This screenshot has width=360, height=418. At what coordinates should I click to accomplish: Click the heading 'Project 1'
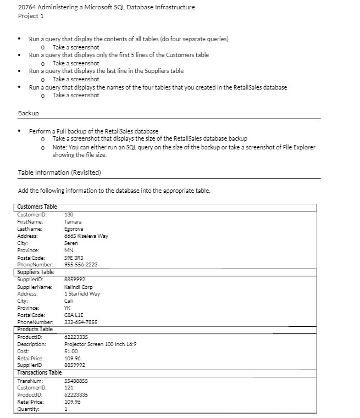click(31, 16)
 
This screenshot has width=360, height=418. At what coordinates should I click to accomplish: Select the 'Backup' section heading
click(28, 113)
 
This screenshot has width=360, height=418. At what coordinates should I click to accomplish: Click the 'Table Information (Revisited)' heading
click(59, 172)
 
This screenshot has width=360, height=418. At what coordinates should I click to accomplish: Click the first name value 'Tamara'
click(73, 221)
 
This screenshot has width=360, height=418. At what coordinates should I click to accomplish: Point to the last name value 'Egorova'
click(74, 228)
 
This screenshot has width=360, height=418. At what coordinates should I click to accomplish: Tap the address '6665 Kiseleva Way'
click(86, 236)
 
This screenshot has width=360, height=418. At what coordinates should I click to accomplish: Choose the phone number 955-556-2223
click(81, 264)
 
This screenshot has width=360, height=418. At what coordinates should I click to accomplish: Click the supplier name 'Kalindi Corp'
click(79, 287)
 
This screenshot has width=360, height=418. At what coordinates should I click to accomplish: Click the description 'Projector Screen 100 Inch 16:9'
click(100, 344)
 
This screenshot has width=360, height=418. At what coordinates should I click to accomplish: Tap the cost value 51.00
click(71, 351)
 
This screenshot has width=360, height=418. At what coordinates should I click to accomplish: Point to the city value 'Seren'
click(71, 243)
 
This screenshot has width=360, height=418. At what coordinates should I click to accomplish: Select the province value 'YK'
click(68, 308)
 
